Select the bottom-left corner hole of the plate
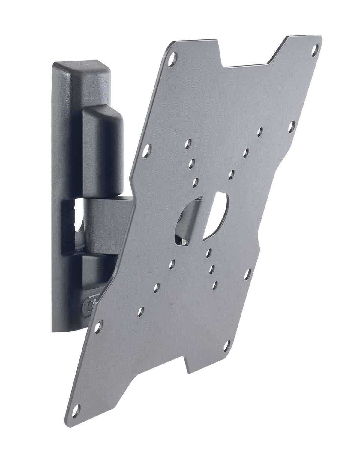click(x=77, y=409)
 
